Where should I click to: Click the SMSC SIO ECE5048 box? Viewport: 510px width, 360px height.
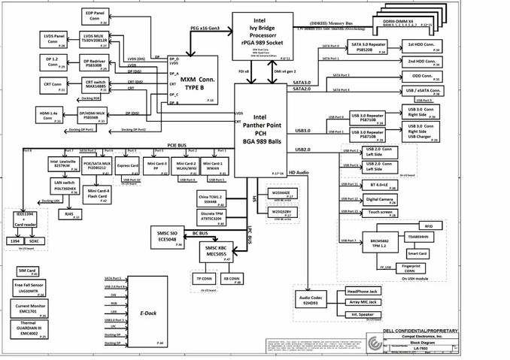[x=162, y=237]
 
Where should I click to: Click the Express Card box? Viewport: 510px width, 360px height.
[x=129, y=166]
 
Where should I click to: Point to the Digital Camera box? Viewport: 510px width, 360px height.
[x=382, y=199]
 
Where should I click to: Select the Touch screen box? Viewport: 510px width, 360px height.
[x=382, y=213]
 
